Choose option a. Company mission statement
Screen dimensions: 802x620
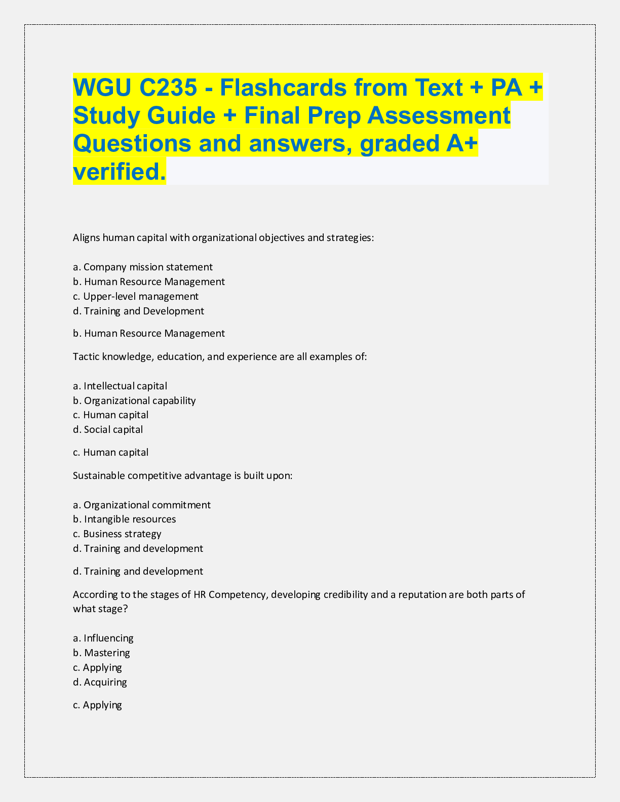click(x=143, y=267)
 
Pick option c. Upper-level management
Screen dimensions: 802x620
click(x=136, y=296)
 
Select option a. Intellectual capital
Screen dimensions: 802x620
click(x=120, y=386)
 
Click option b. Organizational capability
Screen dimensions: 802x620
click(x=134, y=400)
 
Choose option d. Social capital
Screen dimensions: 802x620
click(x=108, y=430)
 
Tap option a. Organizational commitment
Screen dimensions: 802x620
click(x=142, y=505)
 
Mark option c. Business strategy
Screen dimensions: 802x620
click(x=117, y=534)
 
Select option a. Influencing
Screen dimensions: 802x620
click(x=103, y=638)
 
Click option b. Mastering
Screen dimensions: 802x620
click(x=101, y=653)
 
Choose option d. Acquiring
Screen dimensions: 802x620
click(x=100, y=682)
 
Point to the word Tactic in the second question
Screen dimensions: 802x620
click(x=86, y=356)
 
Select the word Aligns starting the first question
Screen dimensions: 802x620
click(x=86, y=237)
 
